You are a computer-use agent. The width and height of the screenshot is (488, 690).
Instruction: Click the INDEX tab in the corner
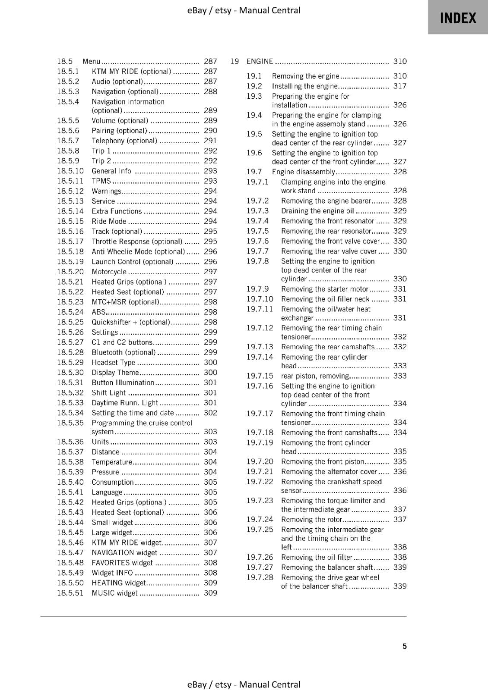tap(458, 18)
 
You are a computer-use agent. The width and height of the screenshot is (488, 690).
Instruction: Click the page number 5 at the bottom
tap(404, 646)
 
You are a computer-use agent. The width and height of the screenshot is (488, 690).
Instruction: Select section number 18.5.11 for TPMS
tap(70, 181)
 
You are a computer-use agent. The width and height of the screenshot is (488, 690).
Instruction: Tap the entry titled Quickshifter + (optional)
tap(131, 322)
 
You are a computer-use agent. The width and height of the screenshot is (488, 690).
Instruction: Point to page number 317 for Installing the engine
tap(400, 86)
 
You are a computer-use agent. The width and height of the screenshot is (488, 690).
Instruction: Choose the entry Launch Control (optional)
tap(132, 262)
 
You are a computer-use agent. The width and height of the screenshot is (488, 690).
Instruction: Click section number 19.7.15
tap(260, 376)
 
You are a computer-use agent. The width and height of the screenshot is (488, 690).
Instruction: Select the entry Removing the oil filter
tap(317, 557)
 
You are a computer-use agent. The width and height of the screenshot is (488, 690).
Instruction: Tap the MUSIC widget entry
tap(114, 593)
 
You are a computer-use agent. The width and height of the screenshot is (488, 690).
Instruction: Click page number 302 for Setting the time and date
tap(210, 413)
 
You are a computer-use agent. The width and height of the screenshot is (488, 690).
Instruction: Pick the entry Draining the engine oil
tap(317, 211)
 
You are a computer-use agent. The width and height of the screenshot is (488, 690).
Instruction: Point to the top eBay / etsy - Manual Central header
tap(244, 10)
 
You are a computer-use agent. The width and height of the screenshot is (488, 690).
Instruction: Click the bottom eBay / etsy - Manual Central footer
tap(244, 684)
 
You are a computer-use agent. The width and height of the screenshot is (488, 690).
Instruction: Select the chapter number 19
tap(234, 61)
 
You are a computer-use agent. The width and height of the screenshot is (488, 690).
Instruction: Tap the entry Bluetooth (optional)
tap(123, 352)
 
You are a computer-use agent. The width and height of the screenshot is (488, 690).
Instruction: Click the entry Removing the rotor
tap(311, 520)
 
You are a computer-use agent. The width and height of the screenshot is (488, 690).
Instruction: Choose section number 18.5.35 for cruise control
tap(70, 423)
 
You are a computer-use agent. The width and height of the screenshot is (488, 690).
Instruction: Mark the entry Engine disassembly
tap(303, 172)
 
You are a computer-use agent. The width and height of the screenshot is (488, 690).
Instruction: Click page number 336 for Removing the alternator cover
tap(400, 472)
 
